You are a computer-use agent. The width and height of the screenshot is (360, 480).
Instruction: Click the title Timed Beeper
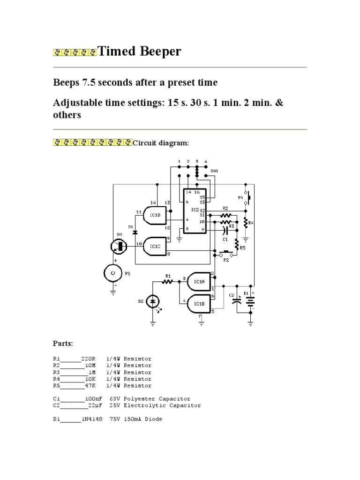point(139,52)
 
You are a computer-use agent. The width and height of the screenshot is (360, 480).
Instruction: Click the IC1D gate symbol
point(155,215)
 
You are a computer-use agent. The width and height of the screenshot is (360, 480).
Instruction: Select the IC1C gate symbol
point(155,245)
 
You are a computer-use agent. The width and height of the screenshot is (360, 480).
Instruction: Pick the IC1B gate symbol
point(198,304)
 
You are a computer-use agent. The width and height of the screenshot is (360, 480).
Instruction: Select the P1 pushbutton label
point(241,198)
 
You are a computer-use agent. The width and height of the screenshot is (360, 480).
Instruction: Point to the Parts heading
point(63,344)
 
